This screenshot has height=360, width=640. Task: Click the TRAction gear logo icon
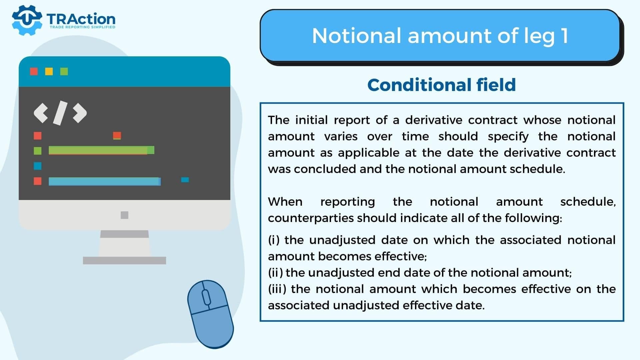tap(27, 20)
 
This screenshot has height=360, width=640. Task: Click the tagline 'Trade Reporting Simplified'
tap(82, 27)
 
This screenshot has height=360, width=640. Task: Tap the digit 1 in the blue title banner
tap(564, 36)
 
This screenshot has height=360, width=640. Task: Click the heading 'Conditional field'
tap(442, 85)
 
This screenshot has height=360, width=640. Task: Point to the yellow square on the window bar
tap(49, 71)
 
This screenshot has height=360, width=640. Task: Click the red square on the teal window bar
tap(34, 71)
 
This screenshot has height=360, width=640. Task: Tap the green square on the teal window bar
tap(64, 71)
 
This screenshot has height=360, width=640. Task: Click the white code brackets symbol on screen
tap(60, 113)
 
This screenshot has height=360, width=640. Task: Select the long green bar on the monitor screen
tap(101, 150)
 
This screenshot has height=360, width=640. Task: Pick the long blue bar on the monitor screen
tap(105, 181)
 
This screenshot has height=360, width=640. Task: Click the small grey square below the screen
tap(124, 215)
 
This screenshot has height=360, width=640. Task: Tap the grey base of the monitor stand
tap(124, 260)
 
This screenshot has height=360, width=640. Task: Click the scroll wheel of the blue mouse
tap(206, 296)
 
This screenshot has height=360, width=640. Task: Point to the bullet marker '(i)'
tap(274, 240)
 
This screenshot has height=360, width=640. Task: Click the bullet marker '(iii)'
tap(277, 289)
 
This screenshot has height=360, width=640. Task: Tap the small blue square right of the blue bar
tap(185, 180)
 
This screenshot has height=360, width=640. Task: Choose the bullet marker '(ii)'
tap(276, 273)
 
